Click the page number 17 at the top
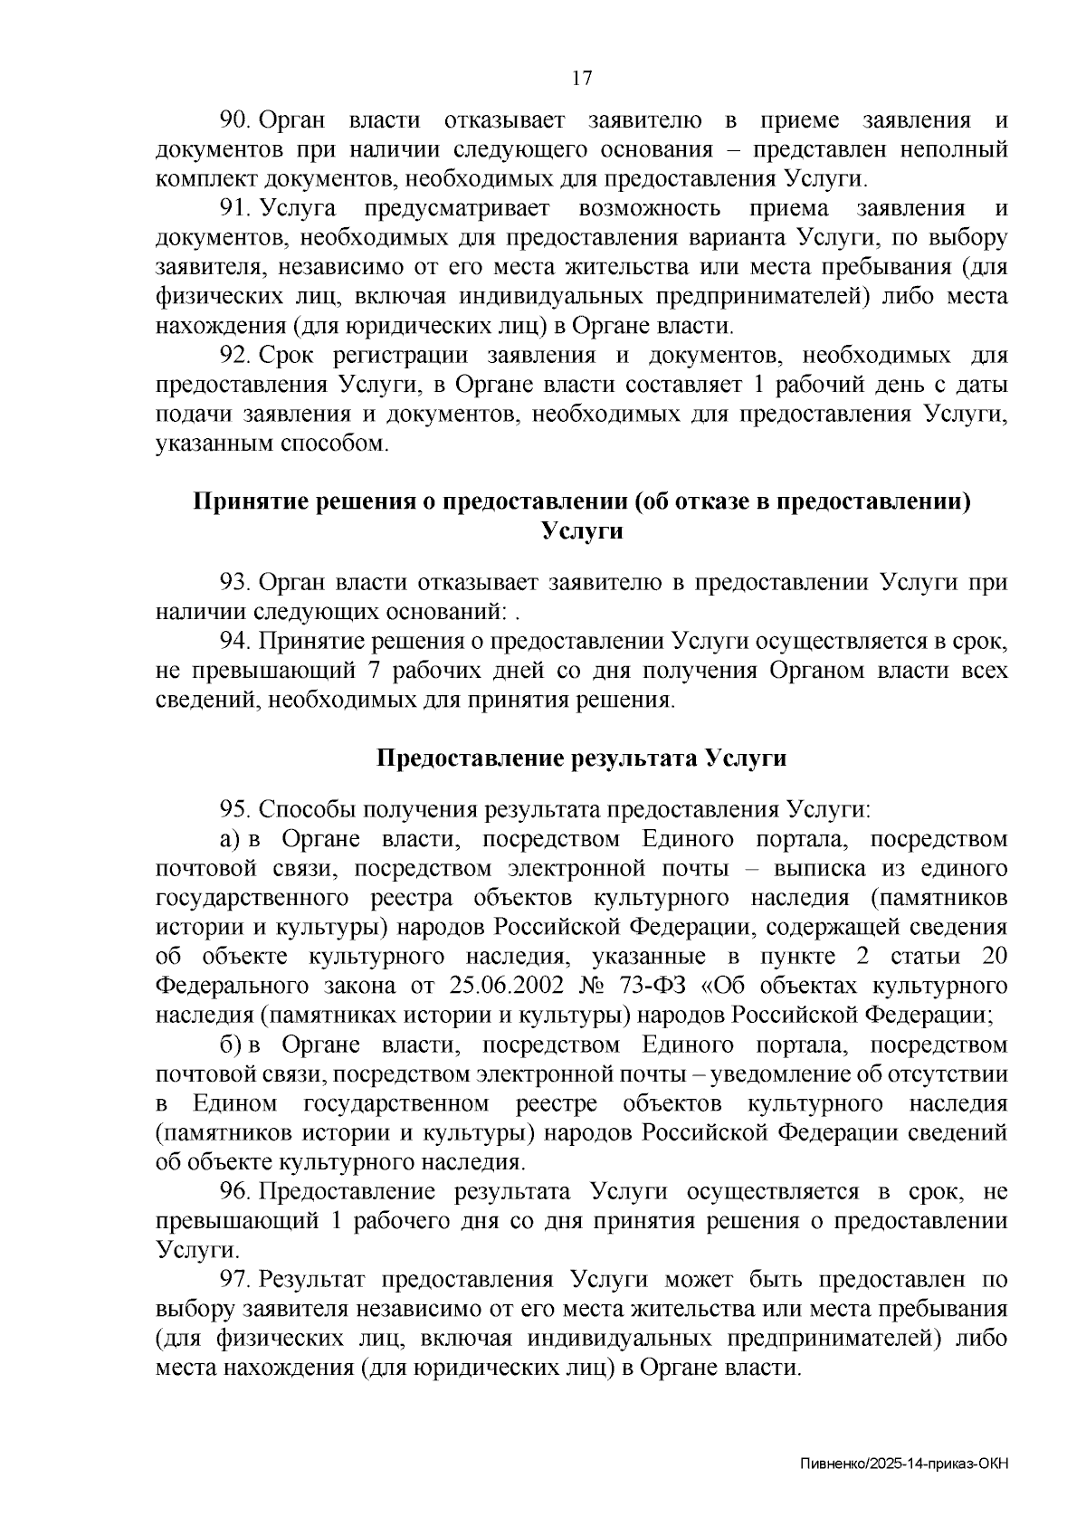pyautogui.click(x=582, y=78)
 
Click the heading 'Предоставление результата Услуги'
pyautogui.click(x=581, y=758)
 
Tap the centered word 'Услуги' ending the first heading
pyautogui.click(x=582, y=530)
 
